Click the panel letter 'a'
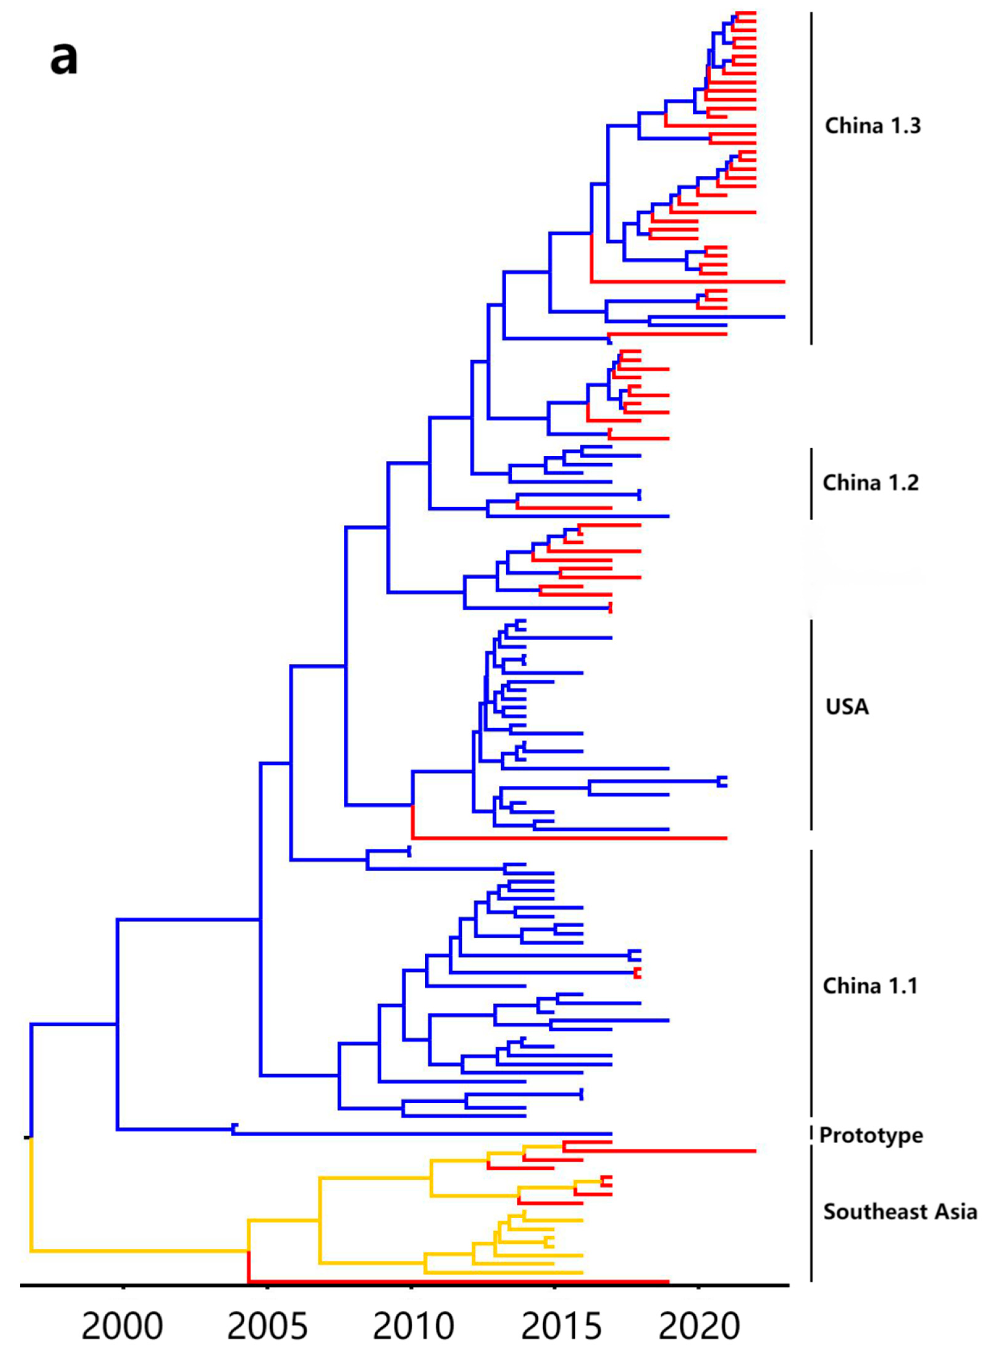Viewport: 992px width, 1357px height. point(64,59)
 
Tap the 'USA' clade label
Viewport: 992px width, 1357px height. point(847,707)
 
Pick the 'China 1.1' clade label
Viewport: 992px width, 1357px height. point(869,986)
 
